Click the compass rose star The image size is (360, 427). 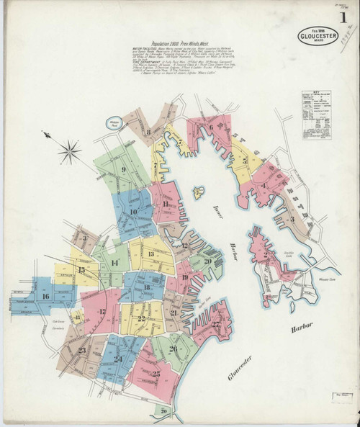coord(70,150)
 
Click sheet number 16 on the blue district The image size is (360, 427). coord(46,296)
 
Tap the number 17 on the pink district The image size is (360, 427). coord(102,312)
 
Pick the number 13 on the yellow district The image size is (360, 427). coord(150,254)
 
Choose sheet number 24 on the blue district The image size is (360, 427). coord(117,358)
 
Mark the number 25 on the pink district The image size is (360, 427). coord(156,374)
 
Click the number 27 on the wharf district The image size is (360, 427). coord(215,324)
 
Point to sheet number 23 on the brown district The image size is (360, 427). coord(81,351)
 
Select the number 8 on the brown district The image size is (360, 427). coord(148,132)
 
